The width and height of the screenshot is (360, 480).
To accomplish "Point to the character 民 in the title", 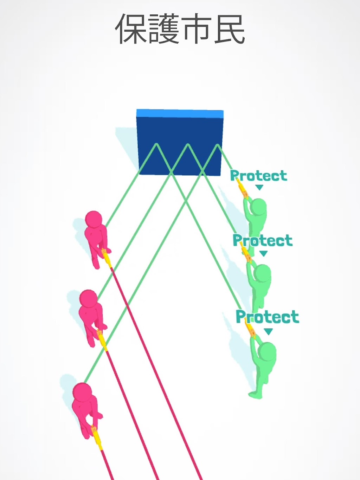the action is click(229, 29).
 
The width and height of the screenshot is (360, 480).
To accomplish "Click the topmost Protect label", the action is click(259, 176).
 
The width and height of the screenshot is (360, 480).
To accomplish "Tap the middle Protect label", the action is click(263, 240).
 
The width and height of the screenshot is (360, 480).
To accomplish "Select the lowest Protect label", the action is click(268, 317).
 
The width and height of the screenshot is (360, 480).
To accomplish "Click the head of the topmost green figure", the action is click(258, 207).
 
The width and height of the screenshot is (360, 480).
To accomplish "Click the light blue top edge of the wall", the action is click(180, 113).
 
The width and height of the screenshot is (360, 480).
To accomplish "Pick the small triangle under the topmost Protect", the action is click(259, 188).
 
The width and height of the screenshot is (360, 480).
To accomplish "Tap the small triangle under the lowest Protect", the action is click(268, 331).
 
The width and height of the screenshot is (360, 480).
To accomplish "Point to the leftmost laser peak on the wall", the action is click(156, 144).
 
